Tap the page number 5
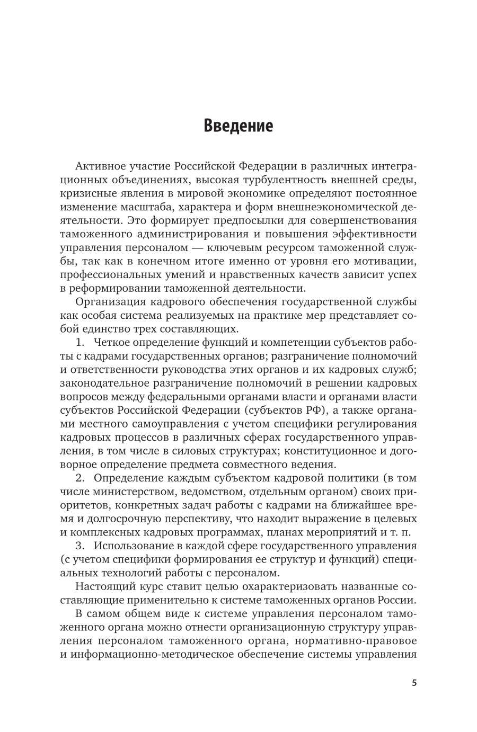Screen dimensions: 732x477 [x=414, y=683]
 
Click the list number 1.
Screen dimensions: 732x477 [x=79, y=343]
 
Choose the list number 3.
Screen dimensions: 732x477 [x=79, y=546]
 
